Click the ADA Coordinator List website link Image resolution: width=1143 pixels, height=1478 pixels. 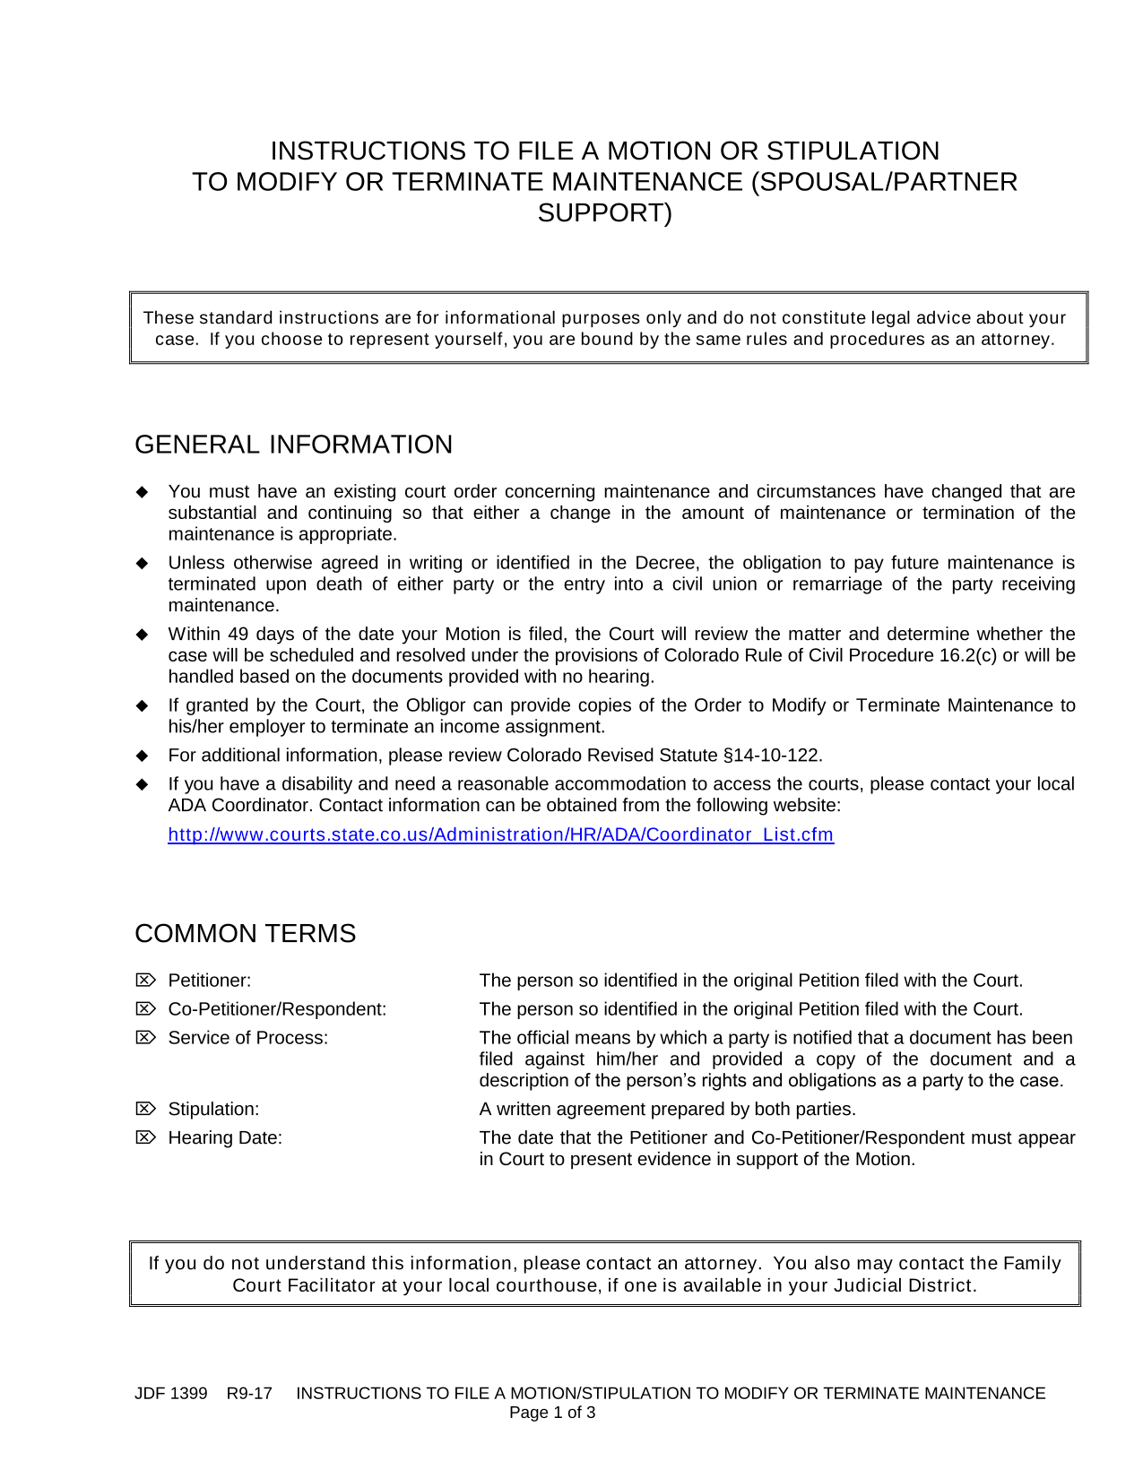click(x=500, y=834)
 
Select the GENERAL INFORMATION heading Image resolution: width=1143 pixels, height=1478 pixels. click(x=293, y=445)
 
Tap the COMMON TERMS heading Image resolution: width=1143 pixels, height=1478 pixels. click(x=245, y=933)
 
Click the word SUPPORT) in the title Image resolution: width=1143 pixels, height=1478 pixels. click(x=604, y=213)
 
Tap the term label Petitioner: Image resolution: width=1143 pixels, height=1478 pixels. click(x=210, y=981)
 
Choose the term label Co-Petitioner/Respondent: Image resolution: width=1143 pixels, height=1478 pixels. click(x=277, y=1009)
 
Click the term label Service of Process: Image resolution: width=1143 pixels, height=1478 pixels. click(x=248, y=1038)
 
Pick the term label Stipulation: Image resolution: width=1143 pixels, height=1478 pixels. click(x=213, y=1110)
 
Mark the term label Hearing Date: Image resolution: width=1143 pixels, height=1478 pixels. click(x=225, y=1138)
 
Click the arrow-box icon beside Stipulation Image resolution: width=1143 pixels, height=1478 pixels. click(x=145, y=1109)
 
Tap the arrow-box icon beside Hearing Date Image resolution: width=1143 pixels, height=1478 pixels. click(x=145, y=1137)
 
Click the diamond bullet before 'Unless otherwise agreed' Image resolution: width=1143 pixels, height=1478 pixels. click(x=142, y=564)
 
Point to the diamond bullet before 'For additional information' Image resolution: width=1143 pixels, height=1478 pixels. click(x=142, y=756)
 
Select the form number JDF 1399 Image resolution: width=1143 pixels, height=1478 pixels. click(x=170, y=1394)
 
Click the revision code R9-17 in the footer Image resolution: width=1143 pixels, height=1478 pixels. click(x=249, y=1394)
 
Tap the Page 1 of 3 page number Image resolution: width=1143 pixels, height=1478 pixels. click(x=552, y=1413)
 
